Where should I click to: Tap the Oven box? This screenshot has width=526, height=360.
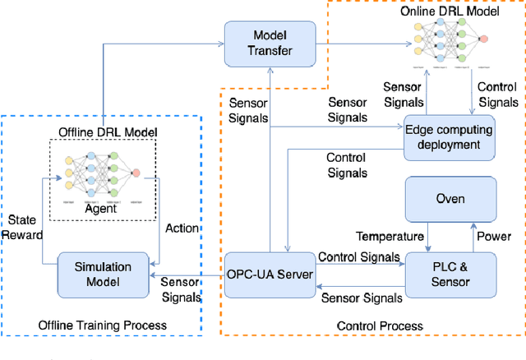point(450,198)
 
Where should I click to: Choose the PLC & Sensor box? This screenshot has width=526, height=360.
point(450,275)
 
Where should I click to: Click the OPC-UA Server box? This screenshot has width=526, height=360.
point(270,275)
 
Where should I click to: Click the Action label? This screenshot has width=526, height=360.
point(182,228)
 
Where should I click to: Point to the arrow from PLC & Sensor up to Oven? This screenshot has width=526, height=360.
point(470,238)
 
